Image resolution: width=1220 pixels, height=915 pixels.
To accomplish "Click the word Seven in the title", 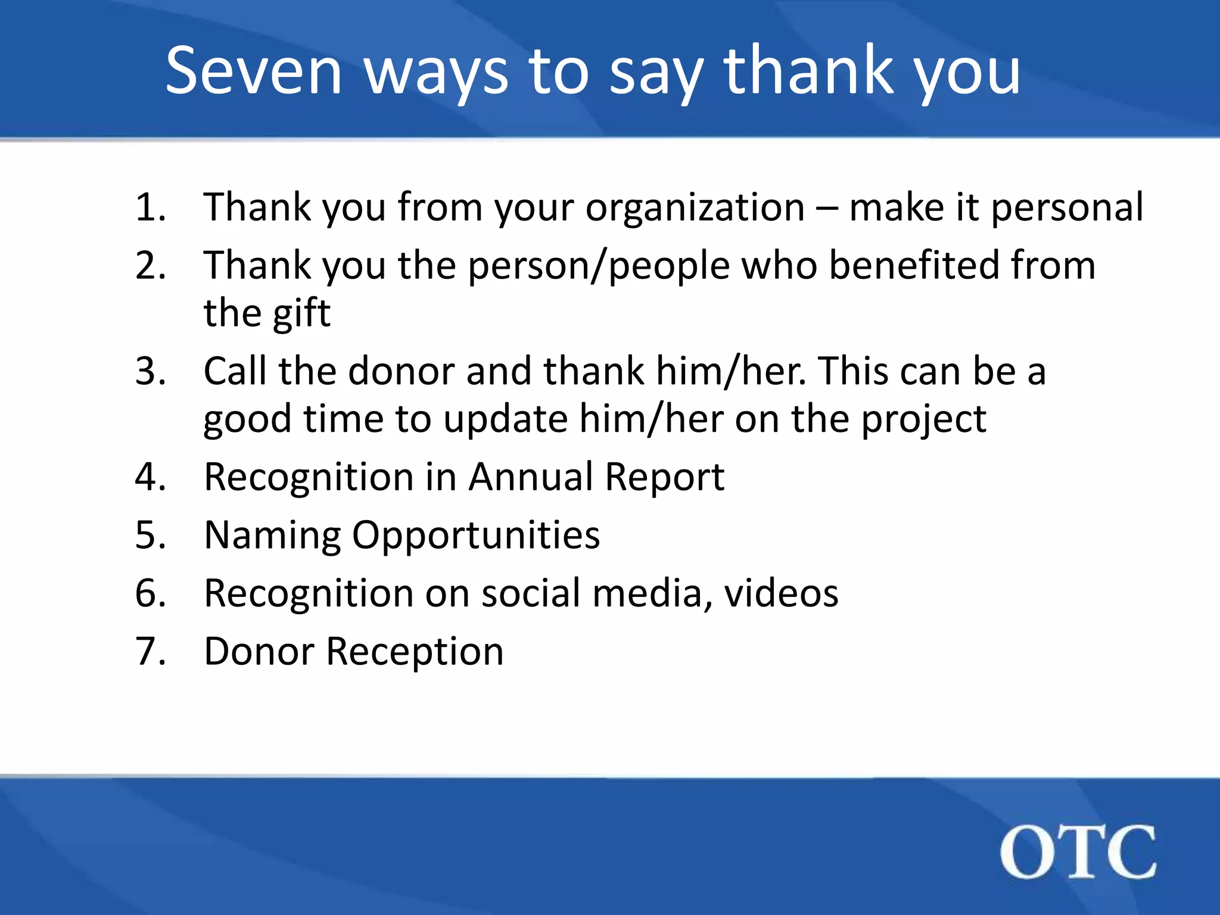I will point(254,71).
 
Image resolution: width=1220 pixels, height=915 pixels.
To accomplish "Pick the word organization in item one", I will point(695,208).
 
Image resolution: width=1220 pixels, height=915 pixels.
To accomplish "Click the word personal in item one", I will point(1067,208).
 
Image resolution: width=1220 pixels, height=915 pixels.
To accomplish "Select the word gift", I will point(301,314).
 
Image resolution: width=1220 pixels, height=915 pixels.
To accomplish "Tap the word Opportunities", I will point(476,536).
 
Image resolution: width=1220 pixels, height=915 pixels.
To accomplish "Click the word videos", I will point(781,593).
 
